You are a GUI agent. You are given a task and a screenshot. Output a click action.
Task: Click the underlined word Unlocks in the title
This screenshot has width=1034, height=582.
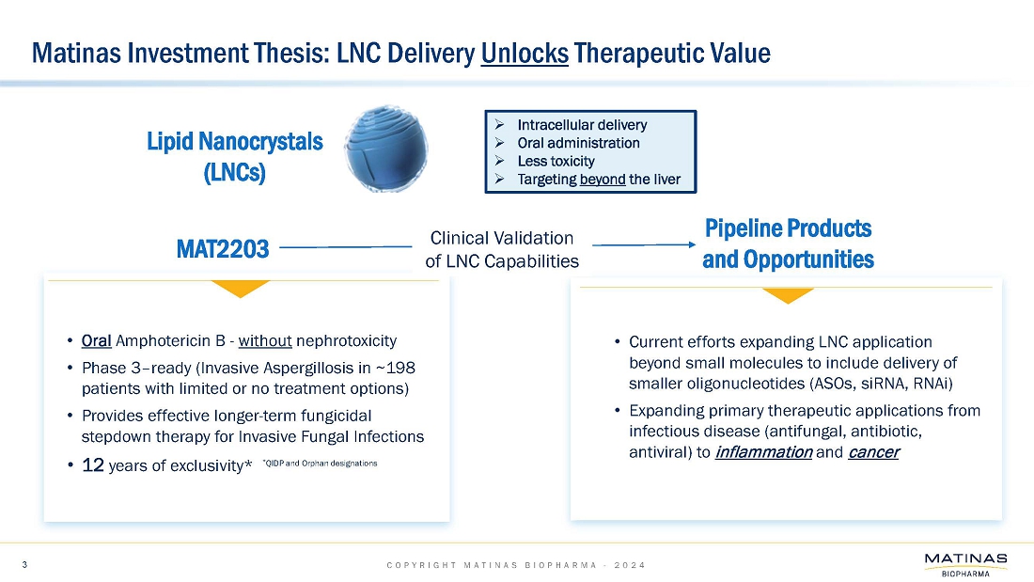tap(524, 53)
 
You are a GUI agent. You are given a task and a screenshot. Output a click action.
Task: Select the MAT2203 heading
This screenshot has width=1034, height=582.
tap(223, 249)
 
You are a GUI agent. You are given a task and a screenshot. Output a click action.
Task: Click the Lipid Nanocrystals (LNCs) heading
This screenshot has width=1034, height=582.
tap(235, 157)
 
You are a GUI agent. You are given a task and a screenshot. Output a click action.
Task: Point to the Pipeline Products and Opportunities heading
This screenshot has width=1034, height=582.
tap(788, 244)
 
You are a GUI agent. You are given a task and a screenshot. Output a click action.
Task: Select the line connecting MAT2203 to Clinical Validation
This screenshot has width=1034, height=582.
tap(346, 246)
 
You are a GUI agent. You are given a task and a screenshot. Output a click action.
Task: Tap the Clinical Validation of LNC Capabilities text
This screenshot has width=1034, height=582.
tap(501, 249)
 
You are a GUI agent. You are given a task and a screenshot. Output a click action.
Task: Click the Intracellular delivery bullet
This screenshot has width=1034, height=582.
tap(582, 124)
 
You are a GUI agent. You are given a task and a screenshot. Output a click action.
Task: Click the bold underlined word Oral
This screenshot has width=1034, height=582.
tap(97, 340)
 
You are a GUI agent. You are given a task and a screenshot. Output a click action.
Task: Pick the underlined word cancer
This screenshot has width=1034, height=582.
tap(873, 452)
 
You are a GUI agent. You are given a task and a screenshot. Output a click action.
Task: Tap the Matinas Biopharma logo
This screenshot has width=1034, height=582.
tap(964, 566)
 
